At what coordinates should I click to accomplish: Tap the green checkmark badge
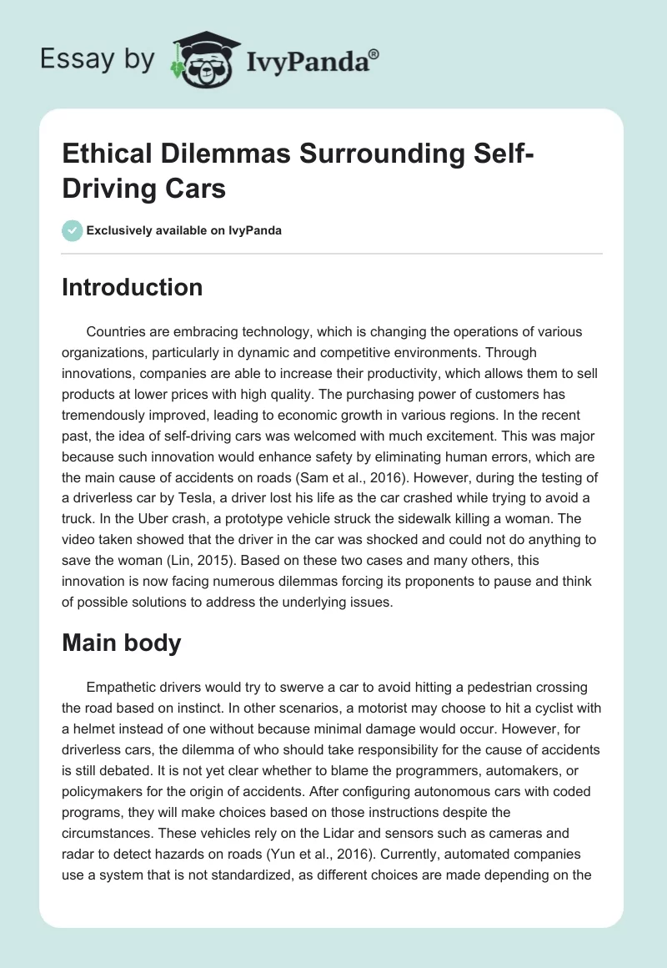pyautogui.click(x=72, y=230)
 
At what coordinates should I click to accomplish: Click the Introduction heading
pyautogui.click(x=133, y=288)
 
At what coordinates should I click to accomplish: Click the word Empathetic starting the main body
pyautogui.click(x=129, y=687)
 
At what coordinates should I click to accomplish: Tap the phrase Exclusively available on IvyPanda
pyautogui.click(x=185, y=231)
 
